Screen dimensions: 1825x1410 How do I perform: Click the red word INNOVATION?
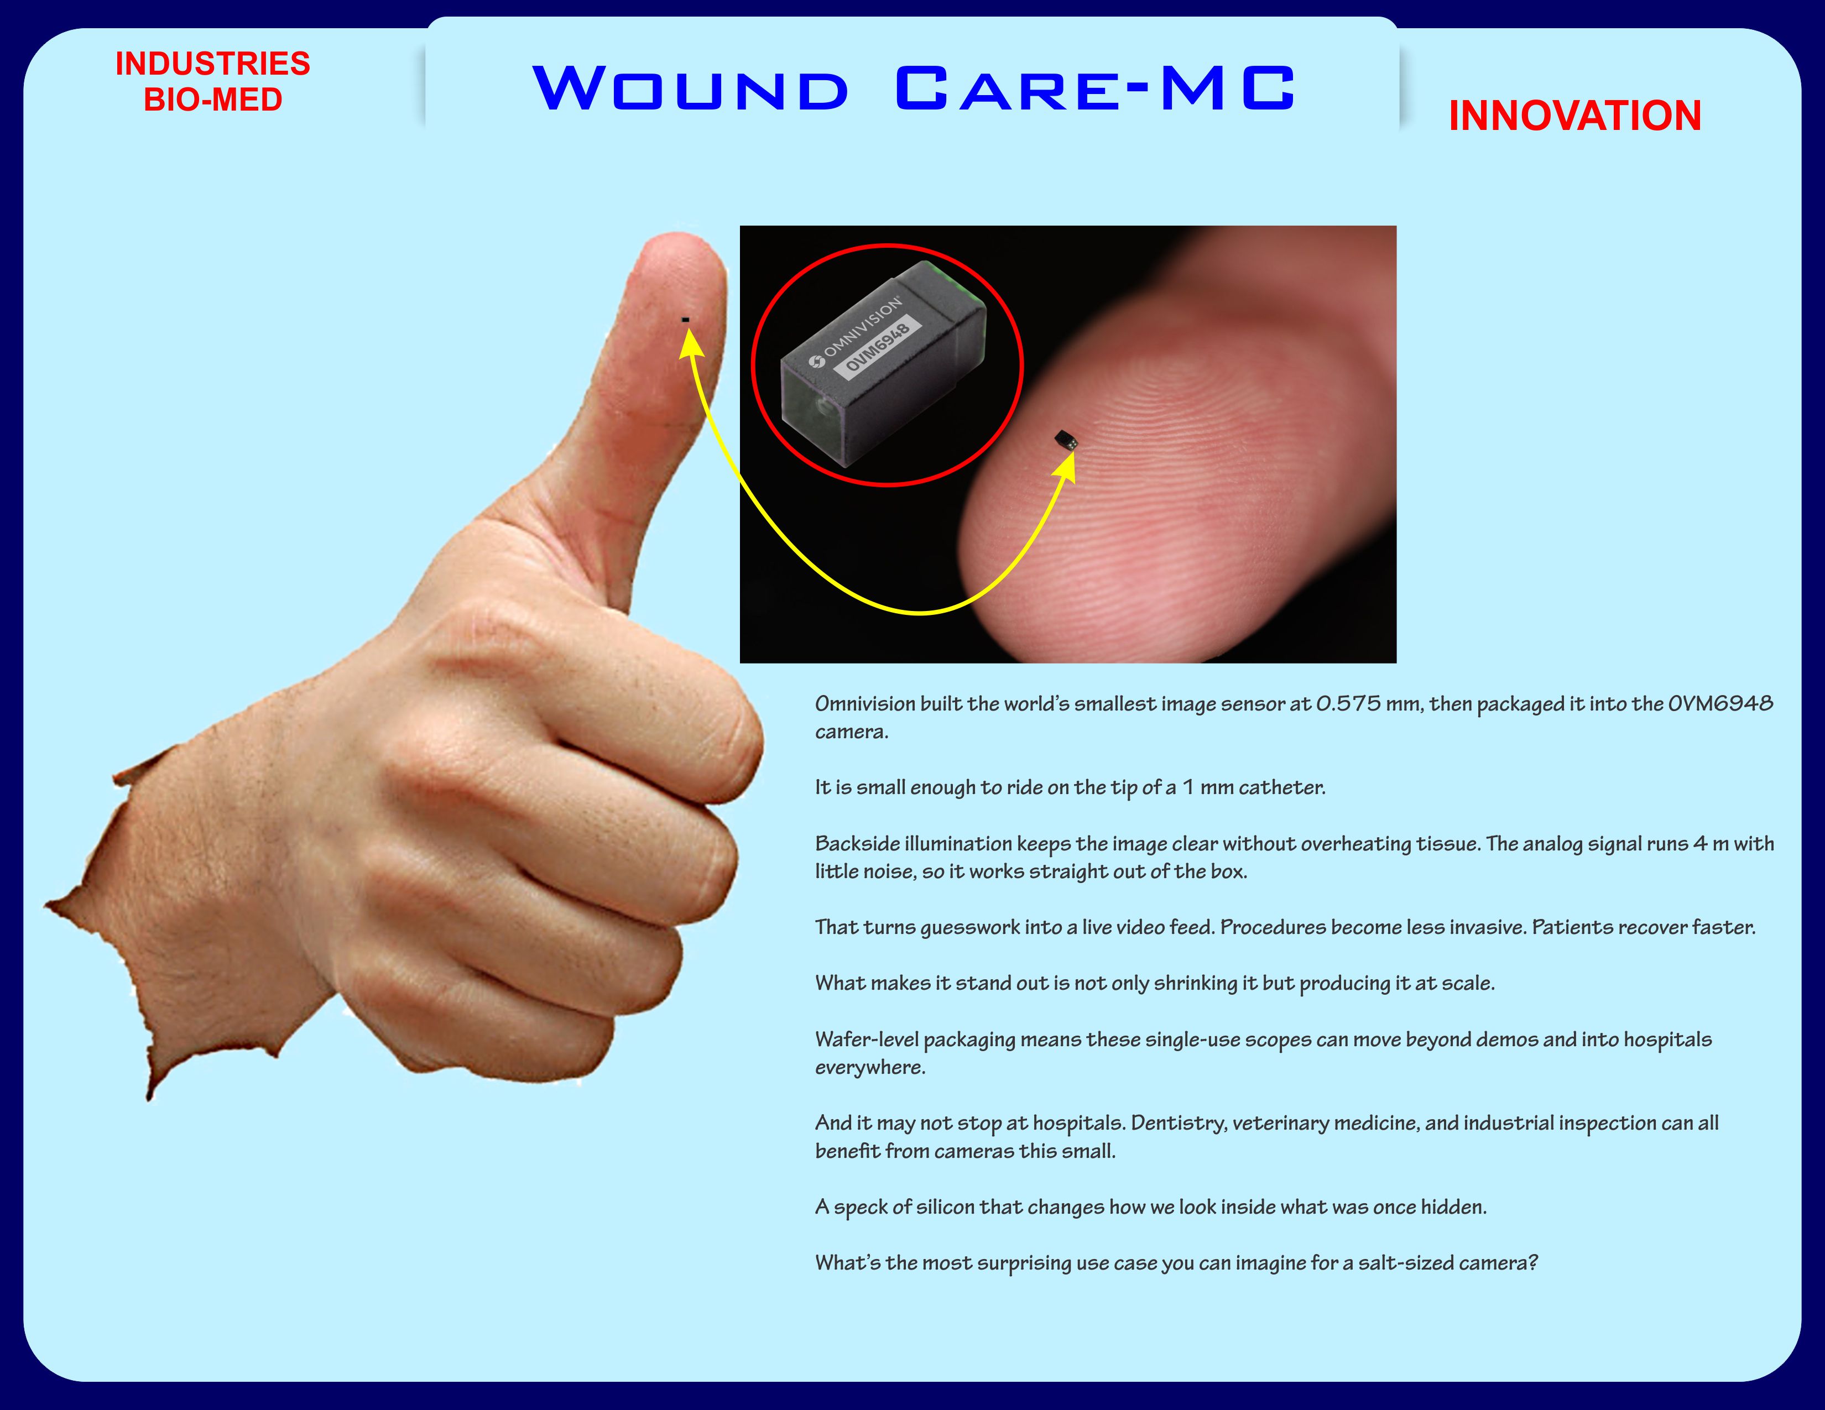click(x=1575, y=115)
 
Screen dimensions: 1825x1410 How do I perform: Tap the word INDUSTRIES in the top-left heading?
click(x=212, y=64)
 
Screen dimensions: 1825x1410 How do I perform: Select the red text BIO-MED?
click(x=212, y=100)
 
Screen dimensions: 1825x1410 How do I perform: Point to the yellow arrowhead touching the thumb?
click(x=690, y=343)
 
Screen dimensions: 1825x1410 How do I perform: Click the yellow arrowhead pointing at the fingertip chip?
click(x=1066, y=465)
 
